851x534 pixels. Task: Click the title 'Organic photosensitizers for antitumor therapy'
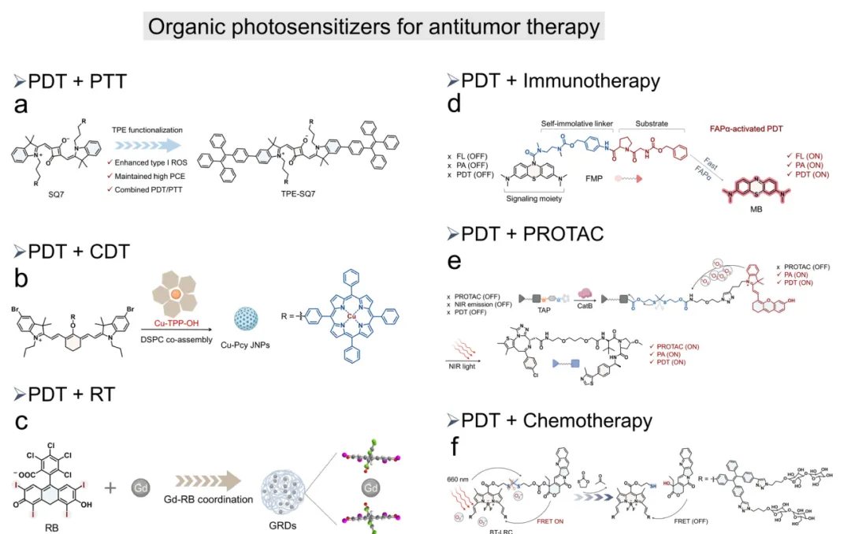pos(373,27)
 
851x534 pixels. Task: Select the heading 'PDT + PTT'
pos(77,81)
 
